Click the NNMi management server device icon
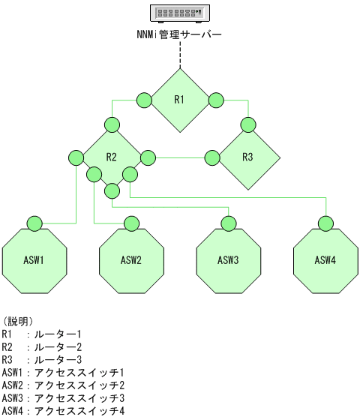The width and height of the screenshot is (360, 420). [180, 13]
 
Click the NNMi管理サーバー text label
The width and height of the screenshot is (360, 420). [180, 34]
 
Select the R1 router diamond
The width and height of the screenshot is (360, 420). [180, 100]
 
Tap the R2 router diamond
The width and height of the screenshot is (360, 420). [112, 157]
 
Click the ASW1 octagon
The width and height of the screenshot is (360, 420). [35, 260]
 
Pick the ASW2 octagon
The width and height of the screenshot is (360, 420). [132, 260]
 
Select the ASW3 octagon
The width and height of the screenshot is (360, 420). [229, 260]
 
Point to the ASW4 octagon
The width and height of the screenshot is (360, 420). [325, 260]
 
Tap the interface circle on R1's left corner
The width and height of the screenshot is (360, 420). [144, 100]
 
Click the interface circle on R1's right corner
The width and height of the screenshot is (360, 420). [217, 100]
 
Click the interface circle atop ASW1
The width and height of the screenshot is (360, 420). [35, 223]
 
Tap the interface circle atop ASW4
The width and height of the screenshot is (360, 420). [325, 223]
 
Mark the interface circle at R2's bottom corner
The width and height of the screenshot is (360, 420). [112, 190]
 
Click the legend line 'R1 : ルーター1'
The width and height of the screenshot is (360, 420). [41, 334]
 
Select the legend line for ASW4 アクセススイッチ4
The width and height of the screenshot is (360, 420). [63, 410]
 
